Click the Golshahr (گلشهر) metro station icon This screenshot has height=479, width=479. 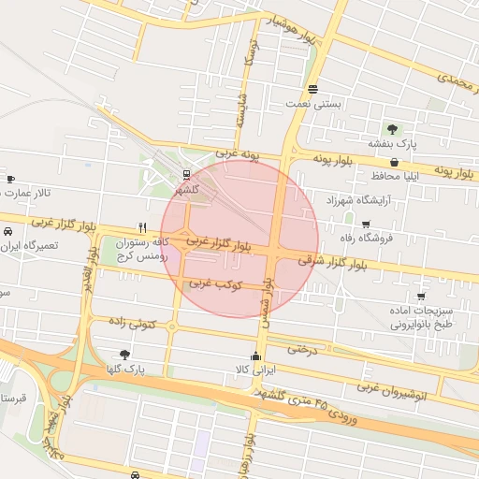[186, 174]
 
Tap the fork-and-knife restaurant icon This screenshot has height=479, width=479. [142, 226]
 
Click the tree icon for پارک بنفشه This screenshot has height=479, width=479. [392, 129]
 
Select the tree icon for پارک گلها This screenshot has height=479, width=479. [124, 355]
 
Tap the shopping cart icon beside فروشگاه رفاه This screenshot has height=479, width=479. [365, 224]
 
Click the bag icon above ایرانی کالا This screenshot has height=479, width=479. [256, 356]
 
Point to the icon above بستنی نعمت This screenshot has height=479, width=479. [312, 90]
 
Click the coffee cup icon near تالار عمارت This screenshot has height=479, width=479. [10, 178]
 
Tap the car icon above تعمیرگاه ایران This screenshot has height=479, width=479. [7, 230]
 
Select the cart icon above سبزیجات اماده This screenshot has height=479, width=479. [421, 296]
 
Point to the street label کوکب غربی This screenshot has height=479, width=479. [216, 283]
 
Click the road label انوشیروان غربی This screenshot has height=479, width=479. [393, 388]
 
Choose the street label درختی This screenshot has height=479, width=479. [303, 349]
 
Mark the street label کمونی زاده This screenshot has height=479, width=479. [130, 324]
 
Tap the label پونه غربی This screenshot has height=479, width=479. [236, 151]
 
